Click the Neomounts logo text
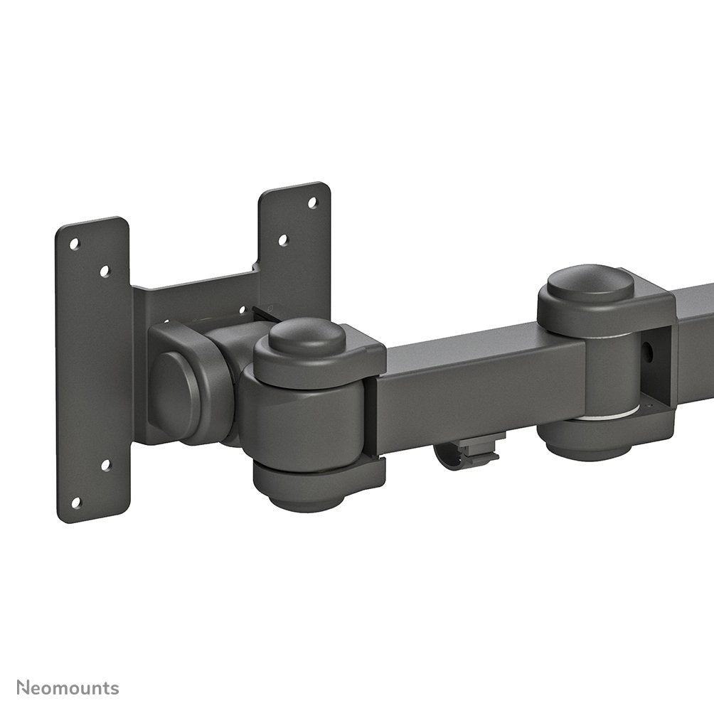[68, 688]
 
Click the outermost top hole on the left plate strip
[74, 243]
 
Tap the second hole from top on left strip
[105, 271]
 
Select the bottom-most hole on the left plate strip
[76, 502]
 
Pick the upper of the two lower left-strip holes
[105, 466]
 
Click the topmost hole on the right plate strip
[311, 203]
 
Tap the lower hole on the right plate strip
[282, 240]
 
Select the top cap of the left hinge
[307, 336]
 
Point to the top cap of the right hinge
[590, 282]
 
